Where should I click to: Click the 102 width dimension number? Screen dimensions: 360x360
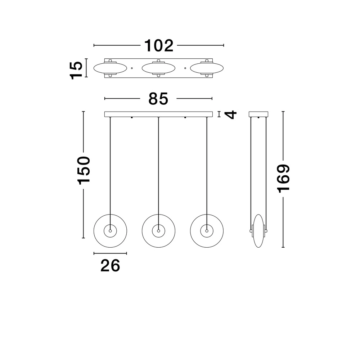tap(159, 46)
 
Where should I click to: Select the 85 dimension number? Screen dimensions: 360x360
tap(158, 99)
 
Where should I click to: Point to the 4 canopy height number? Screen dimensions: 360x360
tap(231, 114)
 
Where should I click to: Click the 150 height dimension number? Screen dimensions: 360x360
tap(84, 170)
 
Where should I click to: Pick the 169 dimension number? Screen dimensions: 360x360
tap(284, 178)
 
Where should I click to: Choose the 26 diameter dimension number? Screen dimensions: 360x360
tap(110, 266)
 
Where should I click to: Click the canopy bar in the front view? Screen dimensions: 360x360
tap(158, 114)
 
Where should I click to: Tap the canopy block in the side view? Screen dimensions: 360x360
tap(258, 114)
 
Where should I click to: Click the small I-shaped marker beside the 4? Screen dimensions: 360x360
tap(219, 114)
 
